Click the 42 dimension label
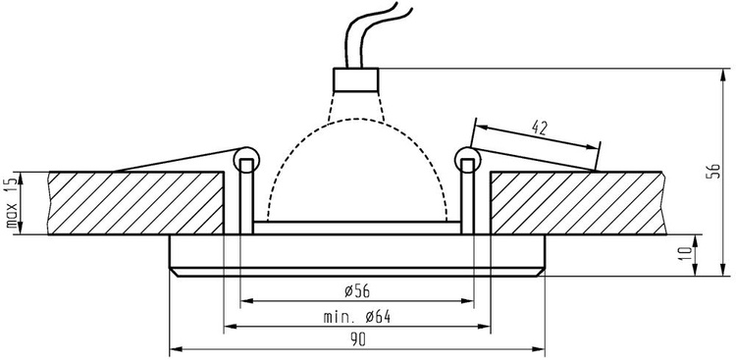pos(540,127)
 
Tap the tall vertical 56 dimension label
pos(712,172)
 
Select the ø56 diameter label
pos(357,291)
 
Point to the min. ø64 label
pos(357,317)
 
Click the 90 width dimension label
pos(357,340)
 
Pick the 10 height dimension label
pos(686,254)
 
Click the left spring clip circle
pos(246,159)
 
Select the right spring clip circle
pos(467,159)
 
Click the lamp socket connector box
pos(356,79)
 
